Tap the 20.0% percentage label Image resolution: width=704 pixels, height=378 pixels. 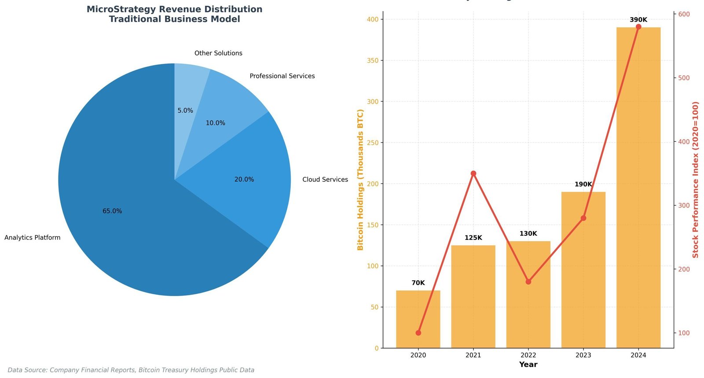click(244, 180)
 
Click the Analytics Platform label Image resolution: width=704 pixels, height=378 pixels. click(33, 238)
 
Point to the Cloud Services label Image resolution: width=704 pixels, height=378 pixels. click(325, 180)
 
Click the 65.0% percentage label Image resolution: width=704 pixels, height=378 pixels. click(112, 211)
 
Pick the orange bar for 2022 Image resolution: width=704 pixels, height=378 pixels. click(528, 299)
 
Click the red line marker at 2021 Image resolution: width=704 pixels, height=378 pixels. click(473, 173)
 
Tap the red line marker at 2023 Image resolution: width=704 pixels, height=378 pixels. click(583, 218)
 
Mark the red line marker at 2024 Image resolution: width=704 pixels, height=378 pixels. click(638, 27)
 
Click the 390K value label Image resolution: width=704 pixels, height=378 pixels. click(638, 20)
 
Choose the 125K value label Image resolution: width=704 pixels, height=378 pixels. click(473, 238)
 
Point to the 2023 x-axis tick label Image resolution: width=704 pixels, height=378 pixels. click(583, 355)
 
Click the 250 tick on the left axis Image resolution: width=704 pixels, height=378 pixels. click(373, 143)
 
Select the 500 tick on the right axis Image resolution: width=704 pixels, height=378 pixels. click(684, 78)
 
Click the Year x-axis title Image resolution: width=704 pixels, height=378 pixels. click(528, 364)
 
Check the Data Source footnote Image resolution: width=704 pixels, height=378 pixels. click(131, 370)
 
